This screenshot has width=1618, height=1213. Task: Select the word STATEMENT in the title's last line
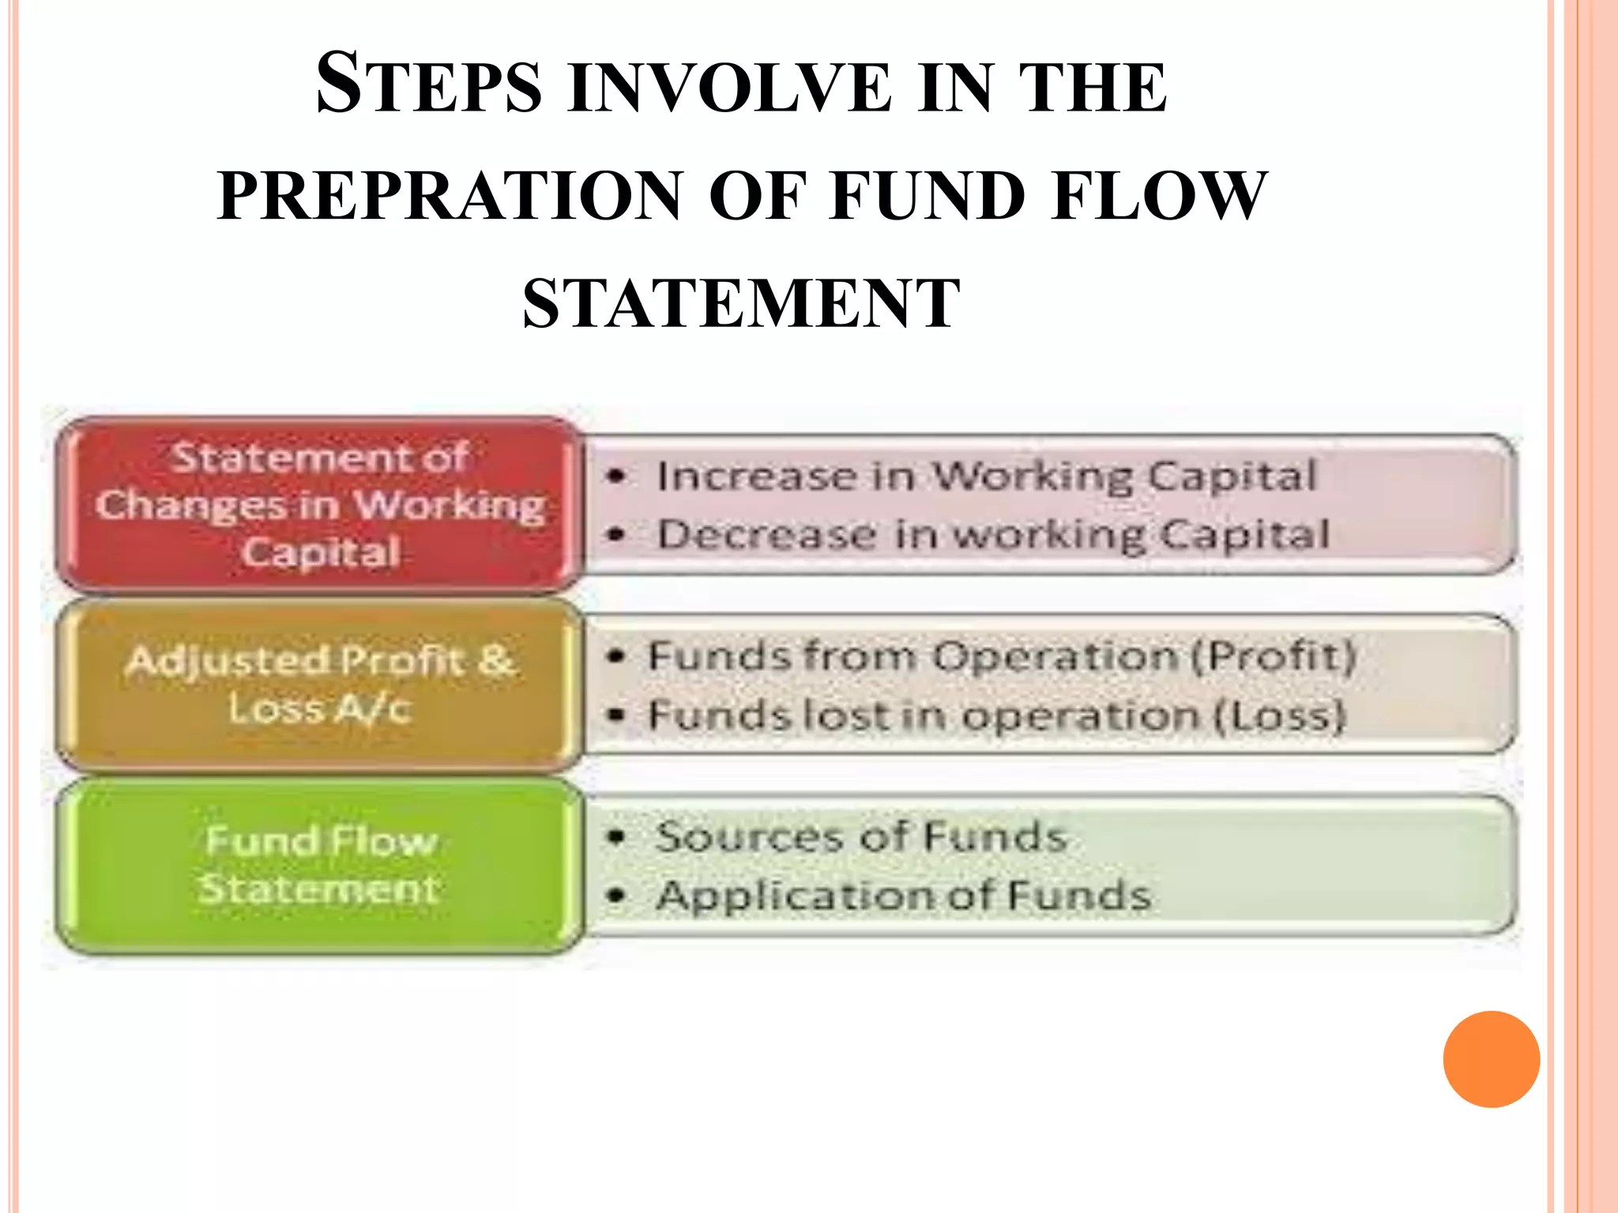(x=741, y=303)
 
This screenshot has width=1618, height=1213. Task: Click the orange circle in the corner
(x=1491, y=1059)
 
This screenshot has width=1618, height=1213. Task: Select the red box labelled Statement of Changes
(x=319, y=505)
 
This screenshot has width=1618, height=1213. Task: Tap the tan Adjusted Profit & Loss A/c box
(x=319, y=684)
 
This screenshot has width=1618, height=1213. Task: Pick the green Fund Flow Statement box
(x=319, y=865)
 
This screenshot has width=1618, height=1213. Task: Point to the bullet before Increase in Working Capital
(x=617, y=476)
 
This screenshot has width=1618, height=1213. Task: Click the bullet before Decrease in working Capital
(x=617, y=535)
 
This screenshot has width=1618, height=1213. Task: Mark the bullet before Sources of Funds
(x=617, y=837)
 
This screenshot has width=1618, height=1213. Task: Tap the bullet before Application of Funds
(x=617, y=896)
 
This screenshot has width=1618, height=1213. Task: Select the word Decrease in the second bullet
(x=766, y=535)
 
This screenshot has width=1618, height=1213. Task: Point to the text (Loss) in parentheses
(x=1279, y=716)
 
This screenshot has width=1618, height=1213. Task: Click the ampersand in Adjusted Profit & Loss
(x=496, y=659)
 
